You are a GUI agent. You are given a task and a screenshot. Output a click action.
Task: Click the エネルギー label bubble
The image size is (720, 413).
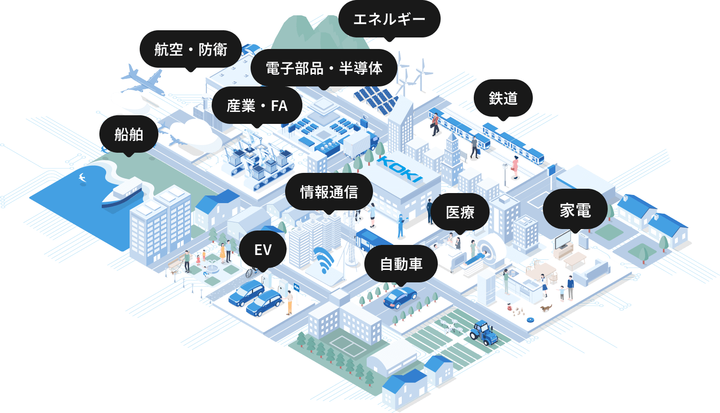[x=389, y=19]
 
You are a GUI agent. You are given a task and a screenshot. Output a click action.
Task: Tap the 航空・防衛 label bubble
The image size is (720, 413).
[x=191, y=49]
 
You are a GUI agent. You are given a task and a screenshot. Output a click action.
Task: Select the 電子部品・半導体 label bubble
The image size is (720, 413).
[x=324, y=68]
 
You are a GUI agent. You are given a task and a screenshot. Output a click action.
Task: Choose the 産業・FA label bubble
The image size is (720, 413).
[x=257, y=106]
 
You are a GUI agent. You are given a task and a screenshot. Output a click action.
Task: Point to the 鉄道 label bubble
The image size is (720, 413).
[x=503, y=98]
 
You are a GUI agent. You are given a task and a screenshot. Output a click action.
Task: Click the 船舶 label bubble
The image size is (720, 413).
[x=129, y=134]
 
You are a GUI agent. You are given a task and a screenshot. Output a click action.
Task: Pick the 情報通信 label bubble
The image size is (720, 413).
[x=329, y=192]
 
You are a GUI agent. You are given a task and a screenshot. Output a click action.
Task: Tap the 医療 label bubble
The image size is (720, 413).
[x=460, y=212]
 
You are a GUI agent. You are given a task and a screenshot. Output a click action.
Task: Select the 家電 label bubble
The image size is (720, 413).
[x=575, y=210]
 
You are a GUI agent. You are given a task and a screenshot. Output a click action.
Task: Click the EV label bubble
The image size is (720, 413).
[x=263, y=250]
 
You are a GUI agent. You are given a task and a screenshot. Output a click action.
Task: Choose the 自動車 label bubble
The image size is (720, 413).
[x=401, y=264]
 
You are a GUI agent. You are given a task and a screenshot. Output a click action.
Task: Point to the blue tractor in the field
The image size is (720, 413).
[x=484, y=333]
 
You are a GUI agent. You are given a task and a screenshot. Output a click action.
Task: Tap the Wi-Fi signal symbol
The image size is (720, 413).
[x=325, y=259]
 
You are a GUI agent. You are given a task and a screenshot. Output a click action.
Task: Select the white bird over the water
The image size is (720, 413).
[x=82, y=177]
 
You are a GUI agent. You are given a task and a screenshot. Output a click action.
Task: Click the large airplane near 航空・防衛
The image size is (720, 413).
[x=142, y=81]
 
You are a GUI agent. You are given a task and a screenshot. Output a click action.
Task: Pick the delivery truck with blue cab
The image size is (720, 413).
[x=360, y=144]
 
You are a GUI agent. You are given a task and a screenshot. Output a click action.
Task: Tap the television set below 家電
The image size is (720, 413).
[x=563, y=240]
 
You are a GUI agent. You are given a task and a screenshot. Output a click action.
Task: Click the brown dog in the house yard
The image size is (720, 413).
[x=546, y=308]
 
